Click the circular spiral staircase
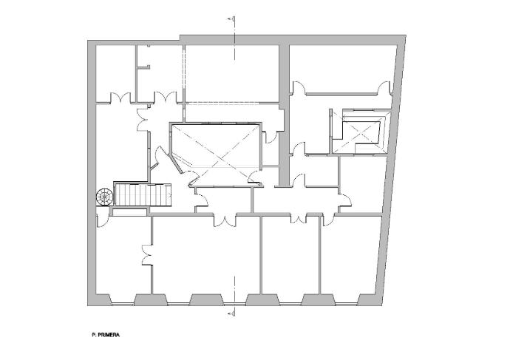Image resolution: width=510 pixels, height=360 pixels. point(104,197)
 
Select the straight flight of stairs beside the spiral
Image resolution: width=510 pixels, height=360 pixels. point(143,194)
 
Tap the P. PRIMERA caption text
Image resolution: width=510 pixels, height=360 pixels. point(106,335)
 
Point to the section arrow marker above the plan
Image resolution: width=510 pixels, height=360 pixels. point(231,19)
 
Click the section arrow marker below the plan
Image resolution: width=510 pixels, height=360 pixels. point(231,313)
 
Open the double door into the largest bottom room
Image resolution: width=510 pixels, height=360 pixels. point(225,220)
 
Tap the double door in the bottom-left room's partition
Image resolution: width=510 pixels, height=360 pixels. point(147,255)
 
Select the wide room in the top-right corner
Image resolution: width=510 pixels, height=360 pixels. point(341,68)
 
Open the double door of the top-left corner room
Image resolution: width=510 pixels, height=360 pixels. point(120,98)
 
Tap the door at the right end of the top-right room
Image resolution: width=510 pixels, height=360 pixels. point(385,88)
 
